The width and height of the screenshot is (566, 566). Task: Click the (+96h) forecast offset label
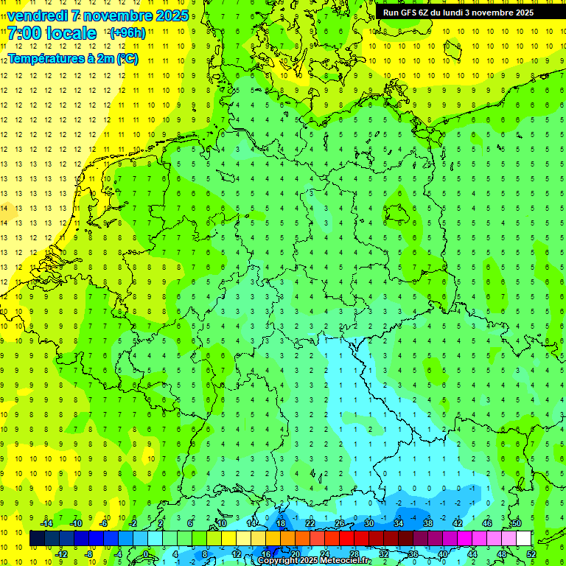[x=127, y=33]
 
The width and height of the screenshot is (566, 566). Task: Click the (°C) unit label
[x=126, y=58]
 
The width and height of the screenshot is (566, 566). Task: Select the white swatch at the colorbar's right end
[x=523, y=539]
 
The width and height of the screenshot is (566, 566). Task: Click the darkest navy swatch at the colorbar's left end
[x=37, y=539]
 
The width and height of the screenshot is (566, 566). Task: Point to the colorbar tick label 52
[x=531, y=554]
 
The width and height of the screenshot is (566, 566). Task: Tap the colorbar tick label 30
[x=368, y=523]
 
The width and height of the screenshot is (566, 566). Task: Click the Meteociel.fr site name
[x=346, y=561]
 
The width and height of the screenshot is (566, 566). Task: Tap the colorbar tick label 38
[x=428, y=523]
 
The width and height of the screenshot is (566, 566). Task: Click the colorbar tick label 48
[x=502, y=554]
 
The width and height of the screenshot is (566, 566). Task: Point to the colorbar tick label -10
[x=75, y=523]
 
